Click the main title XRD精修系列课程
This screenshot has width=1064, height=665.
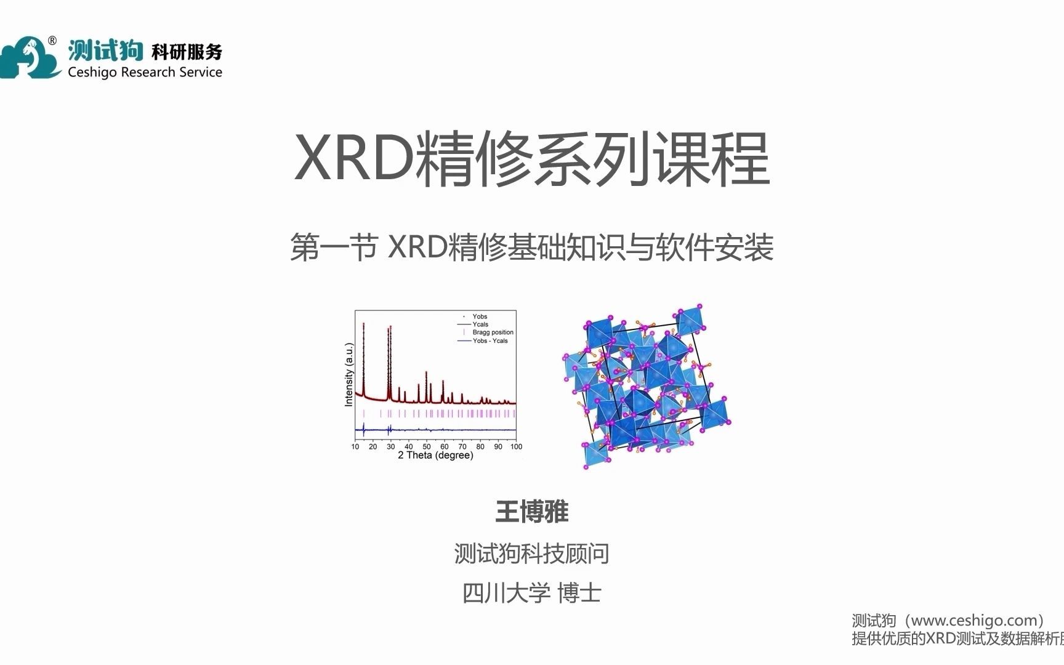click(531, 159)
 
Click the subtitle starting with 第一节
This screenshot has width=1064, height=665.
click(531, 248)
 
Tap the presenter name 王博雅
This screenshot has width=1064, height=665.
click(531, 512)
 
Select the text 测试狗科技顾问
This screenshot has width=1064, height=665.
click(531, 553)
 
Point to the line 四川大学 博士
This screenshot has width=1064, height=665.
click(531, 593)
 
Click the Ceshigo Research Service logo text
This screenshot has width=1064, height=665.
click(145, 72)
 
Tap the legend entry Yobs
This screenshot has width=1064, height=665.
click(480, 316)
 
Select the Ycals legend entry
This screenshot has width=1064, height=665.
click(480, 324)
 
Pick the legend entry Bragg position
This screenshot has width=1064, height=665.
click(493, 332)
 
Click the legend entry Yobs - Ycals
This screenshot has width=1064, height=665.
click(490, 341)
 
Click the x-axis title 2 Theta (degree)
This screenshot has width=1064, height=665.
click(435, 456)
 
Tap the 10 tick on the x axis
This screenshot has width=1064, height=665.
click(355, 446)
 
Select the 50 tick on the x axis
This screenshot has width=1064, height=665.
click(427, 446)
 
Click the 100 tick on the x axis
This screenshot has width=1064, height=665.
click(516, 446)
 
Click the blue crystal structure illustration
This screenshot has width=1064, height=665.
click(647, 387)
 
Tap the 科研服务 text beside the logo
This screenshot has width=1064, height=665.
click(187, 52)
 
